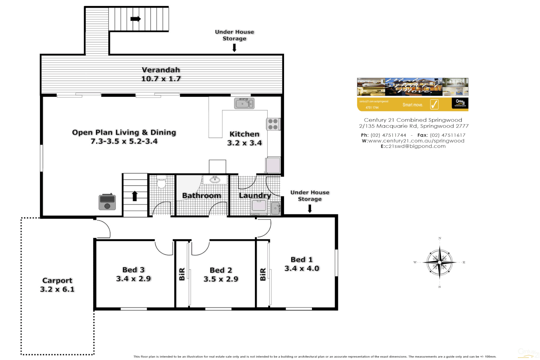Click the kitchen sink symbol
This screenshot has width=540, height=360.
[244, 103]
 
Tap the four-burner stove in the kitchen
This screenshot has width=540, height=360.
[273, 124]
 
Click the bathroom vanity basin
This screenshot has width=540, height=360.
[215, 180]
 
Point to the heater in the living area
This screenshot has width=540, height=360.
[107, 202]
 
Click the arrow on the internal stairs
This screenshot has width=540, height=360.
[135, 196]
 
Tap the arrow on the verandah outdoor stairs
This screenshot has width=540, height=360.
[135, 19]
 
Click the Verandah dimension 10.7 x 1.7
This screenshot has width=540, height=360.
[161, 79]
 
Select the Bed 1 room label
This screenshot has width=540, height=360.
[302, 260]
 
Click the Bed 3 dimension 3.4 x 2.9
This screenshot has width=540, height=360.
[133, 279]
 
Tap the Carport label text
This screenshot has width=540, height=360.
[57, 281]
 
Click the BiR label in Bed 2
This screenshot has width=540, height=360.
[182, 274]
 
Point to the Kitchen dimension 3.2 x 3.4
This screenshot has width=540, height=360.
[244, 143]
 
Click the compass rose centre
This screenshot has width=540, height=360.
[440, 263]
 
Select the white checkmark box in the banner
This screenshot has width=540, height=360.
[434, 104]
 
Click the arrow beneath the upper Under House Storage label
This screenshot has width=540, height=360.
[234, 48]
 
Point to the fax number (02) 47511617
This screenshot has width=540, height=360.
[448, 135]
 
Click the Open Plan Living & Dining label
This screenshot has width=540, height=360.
[124, 133]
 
